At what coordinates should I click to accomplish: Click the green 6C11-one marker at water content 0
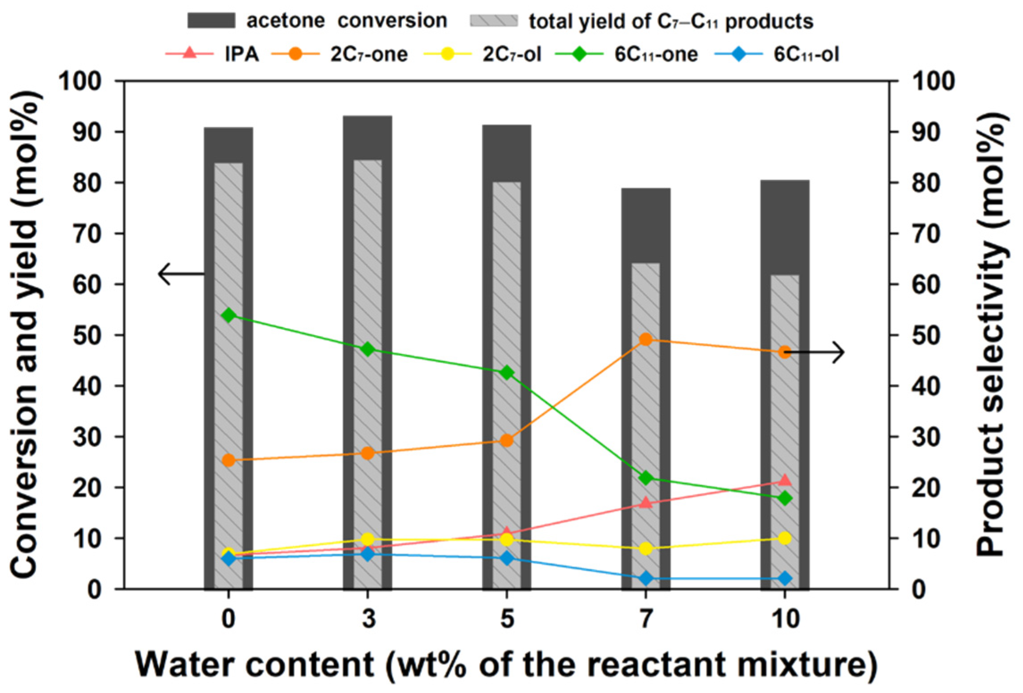(x=229, y=315)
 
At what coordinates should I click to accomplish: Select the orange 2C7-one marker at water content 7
(x=645, y=340)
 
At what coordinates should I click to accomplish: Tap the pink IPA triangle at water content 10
(x=785, y=480)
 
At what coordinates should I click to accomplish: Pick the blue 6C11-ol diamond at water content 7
(x=645, y=579)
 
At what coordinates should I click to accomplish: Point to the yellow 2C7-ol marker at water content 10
(x=785, y=538)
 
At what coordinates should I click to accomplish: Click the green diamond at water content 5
(x=507, y=373)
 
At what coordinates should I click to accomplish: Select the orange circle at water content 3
(x=367, y=453)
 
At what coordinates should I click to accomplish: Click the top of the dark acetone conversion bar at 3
(x=367, y=116)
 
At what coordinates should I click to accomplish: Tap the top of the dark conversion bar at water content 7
(x=645, y=189)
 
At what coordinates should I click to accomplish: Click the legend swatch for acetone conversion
(x=211, y=21)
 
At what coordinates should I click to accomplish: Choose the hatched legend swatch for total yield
(x=494, y=21)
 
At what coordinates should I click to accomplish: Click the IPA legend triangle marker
(x=190, y=54)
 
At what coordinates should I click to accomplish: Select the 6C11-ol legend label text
(x=806, y=54)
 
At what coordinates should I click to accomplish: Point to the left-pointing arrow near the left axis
(x=181, y=274)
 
